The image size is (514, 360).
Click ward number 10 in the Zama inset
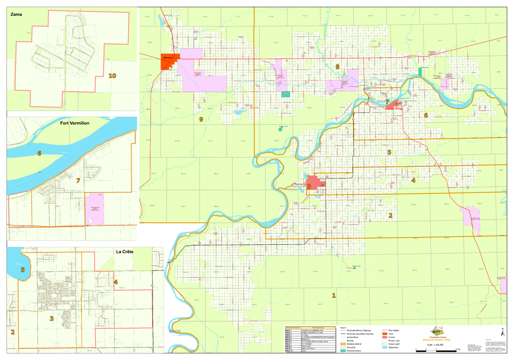point(112,76)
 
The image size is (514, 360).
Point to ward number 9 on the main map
point(201,119)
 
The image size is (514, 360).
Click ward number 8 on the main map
point(337,66)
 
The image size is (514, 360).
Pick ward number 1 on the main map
point(334,295)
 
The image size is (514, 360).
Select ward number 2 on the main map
point(390,215)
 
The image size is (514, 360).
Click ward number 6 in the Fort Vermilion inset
point(39,153)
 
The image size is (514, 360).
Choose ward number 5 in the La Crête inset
point(23,270)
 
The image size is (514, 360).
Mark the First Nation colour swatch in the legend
point(384,330)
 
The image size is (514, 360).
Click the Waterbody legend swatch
point(384,347)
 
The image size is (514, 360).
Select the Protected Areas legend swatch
point(343,351)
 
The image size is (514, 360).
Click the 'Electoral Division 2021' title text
point(436,340)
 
